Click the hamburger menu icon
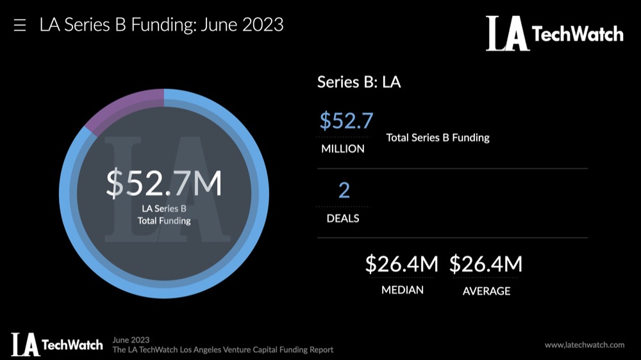coord(20,26)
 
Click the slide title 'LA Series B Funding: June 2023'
coord(162,25)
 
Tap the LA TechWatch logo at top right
coord(554,33)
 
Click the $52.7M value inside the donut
coord(164,184)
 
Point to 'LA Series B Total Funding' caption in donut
coord(164,215)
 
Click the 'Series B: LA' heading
coord(359,82)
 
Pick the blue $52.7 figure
coord(346,120)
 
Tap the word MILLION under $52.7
coord(343,149)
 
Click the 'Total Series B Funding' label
coord(438,137)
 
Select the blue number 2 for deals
coord(344,190)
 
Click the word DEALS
coord(343,218)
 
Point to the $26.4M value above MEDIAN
coord(402,264)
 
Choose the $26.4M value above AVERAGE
coord(486,264)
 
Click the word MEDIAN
coord(403,290)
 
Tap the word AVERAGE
coord(487,291)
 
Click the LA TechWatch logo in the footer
coord(56,344)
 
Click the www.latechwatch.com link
coord(585,345)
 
